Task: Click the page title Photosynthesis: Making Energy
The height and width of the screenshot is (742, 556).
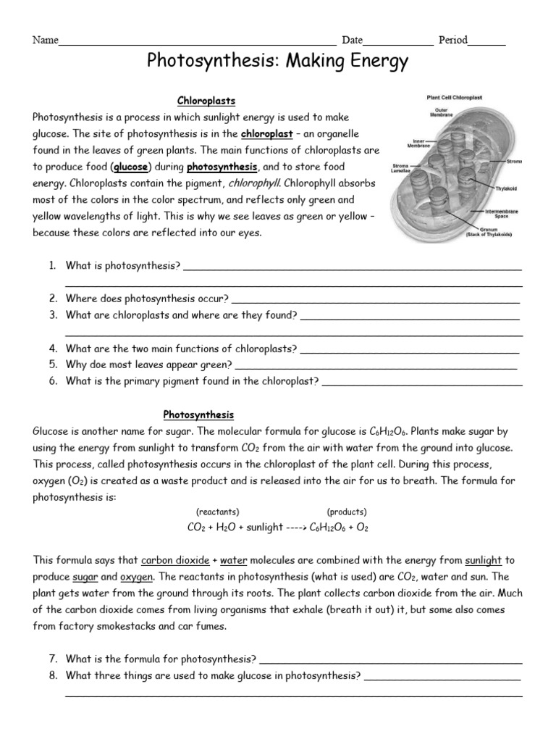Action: point(278,64)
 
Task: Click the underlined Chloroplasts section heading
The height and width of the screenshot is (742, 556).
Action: point(206,101)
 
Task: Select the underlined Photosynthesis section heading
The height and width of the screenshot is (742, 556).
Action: point(198,414)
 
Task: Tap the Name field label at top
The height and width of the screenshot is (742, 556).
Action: point(45,41)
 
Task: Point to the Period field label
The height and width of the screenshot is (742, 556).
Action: point(452,41)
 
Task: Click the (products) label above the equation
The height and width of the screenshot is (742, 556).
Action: point(347,511)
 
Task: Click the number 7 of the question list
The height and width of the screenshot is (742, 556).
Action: point(53,659)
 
